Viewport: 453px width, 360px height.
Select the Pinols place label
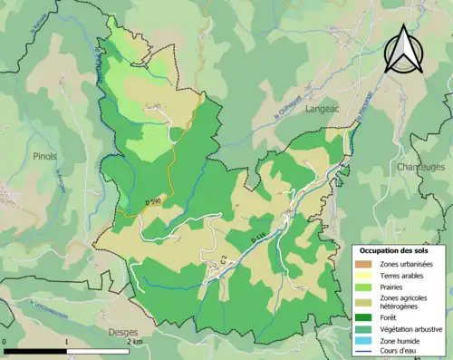pos(44,156)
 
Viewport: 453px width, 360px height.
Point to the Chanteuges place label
pos(419,168)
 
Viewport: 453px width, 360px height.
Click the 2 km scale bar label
pos(134,343)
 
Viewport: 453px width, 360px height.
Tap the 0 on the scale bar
pos(5,343)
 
